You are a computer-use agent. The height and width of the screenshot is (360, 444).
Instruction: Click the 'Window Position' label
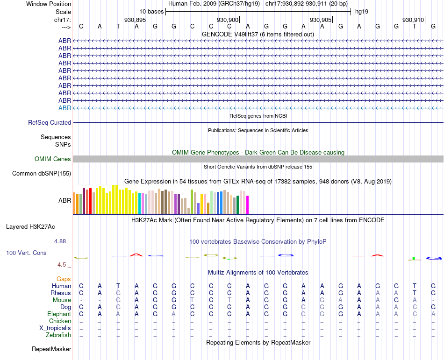pos(49,4)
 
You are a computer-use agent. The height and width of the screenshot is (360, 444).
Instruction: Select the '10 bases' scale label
pos(151,11)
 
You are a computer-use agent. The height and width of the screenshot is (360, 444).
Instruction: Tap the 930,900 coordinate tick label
pos(228,20)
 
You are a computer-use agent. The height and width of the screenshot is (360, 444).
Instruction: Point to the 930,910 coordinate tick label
pos(413,20)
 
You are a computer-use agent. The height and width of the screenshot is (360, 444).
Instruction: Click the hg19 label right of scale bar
pos(362,11)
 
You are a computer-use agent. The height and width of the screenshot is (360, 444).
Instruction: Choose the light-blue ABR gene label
pos(64,108)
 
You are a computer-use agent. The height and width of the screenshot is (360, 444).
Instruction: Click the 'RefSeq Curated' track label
pos(50,122)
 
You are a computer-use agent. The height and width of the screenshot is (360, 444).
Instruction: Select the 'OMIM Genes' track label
pos(52,159)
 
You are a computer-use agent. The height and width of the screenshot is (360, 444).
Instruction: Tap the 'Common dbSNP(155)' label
pos(41,174)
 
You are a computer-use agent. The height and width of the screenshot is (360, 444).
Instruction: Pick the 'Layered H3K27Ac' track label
pos(30,227)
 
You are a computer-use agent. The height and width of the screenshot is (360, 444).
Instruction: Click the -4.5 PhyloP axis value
pos(61,265)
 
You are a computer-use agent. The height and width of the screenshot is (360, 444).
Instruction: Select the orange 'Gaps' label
pos(64,279)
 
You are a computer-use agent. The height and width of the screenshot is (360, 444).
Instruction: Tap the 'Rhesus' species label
pos(61,293)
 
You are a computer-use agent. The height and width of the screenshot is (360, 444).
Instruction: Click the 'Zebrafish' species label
pos(58,335)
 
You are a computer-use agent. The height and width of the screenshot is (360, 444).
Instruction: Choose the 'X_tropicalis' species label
pos(55,328)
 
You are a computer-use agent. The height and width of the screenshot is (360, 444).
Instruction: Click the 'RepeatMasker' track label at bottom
pos(51,349)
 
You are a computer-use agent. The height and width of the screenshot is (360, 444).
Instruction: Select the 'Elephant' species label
pos(59,314)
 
